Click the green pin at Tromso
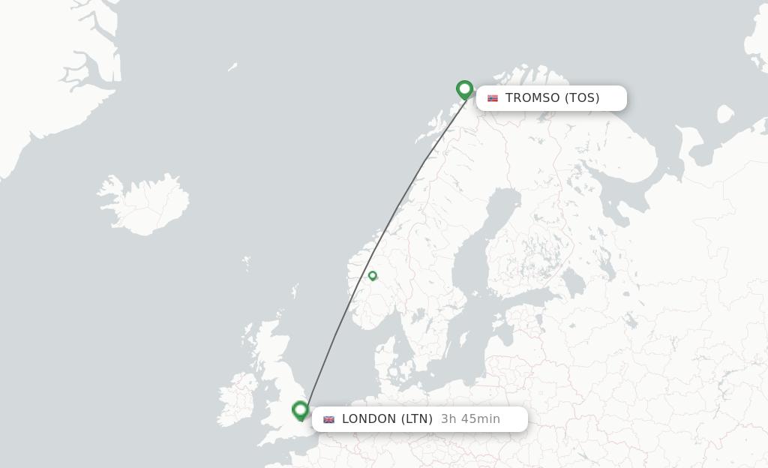tap(464, 90)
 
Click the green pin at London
tap(301, 409)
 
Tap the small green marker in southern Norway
tap(372, 275)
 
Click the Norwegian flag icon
tap(493, 98)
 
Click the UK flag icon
tap(328, 419)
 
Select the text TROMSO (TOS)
tap(552, 98)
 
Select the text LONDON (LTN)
tap(387, 419)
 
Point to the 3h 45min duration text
tap(470, 419)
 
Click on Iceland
tap(142, 203)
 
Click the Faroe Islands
tap(247, 263)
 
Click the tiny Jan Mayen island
tap(232, 67)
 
